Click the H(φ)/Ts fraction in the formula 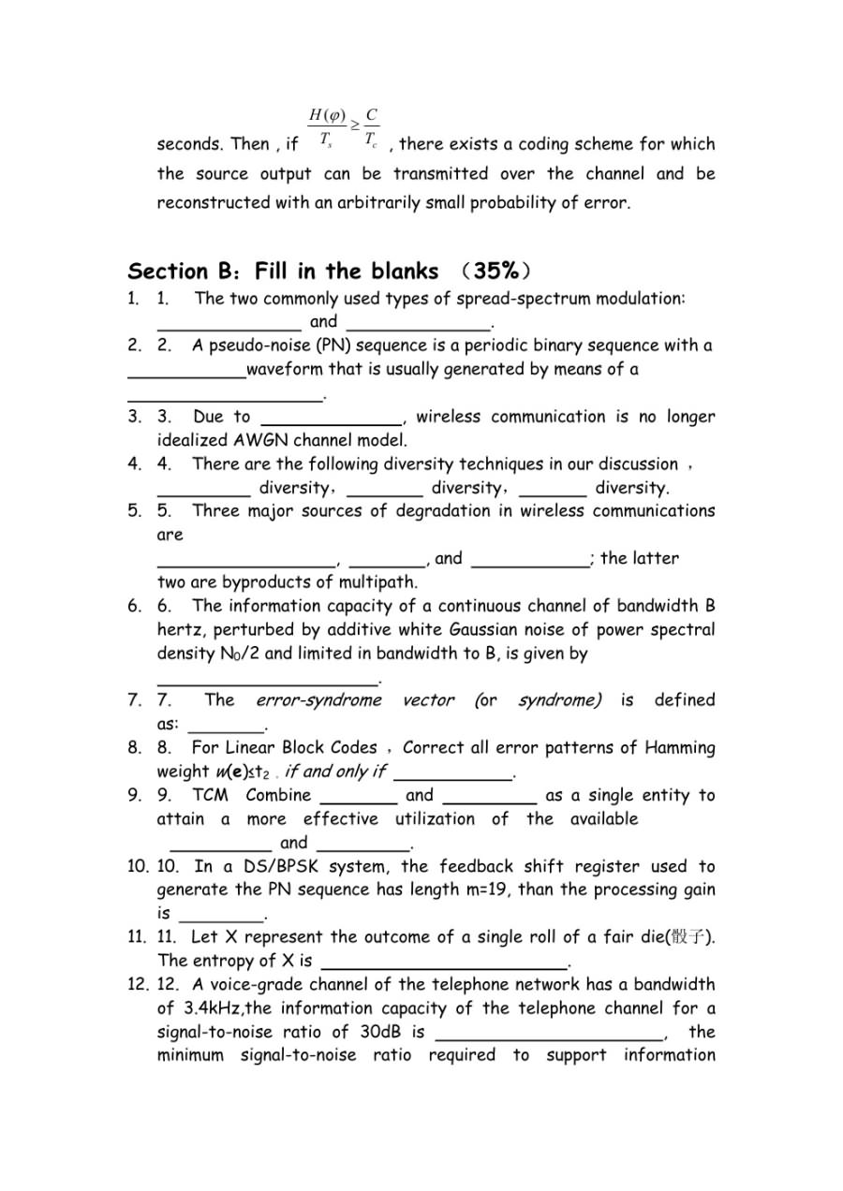tap(327, 127)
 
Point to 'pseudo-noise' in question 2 tap(242, 346)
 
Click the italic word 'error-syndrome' tap(319, 700)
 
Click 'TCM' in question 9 tap(210, 795)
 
